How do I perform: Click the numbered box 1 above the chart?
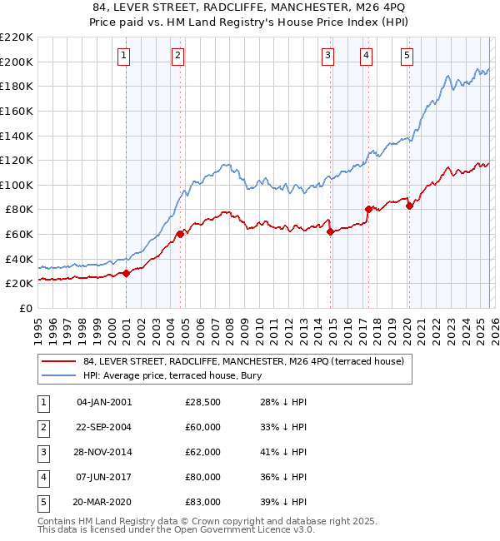123,56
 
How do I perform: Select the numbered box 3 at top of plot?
328,56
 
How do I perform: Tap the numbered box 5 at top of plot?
407,56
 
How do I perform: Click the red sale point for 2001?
126,273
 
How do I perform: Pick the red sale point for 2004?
180,234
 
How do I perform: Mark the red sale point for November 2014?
330,231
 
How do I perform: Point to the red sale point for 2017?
367,209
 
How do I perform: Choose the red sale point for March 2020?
408,206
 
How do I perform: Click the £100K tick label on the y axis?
17,185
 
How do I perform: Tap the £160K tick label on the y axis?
17,111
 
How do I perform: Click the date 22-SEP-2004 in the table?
103,428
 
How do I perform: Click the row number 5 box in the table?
42,502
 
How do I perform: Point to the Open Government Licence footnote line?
177,529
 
